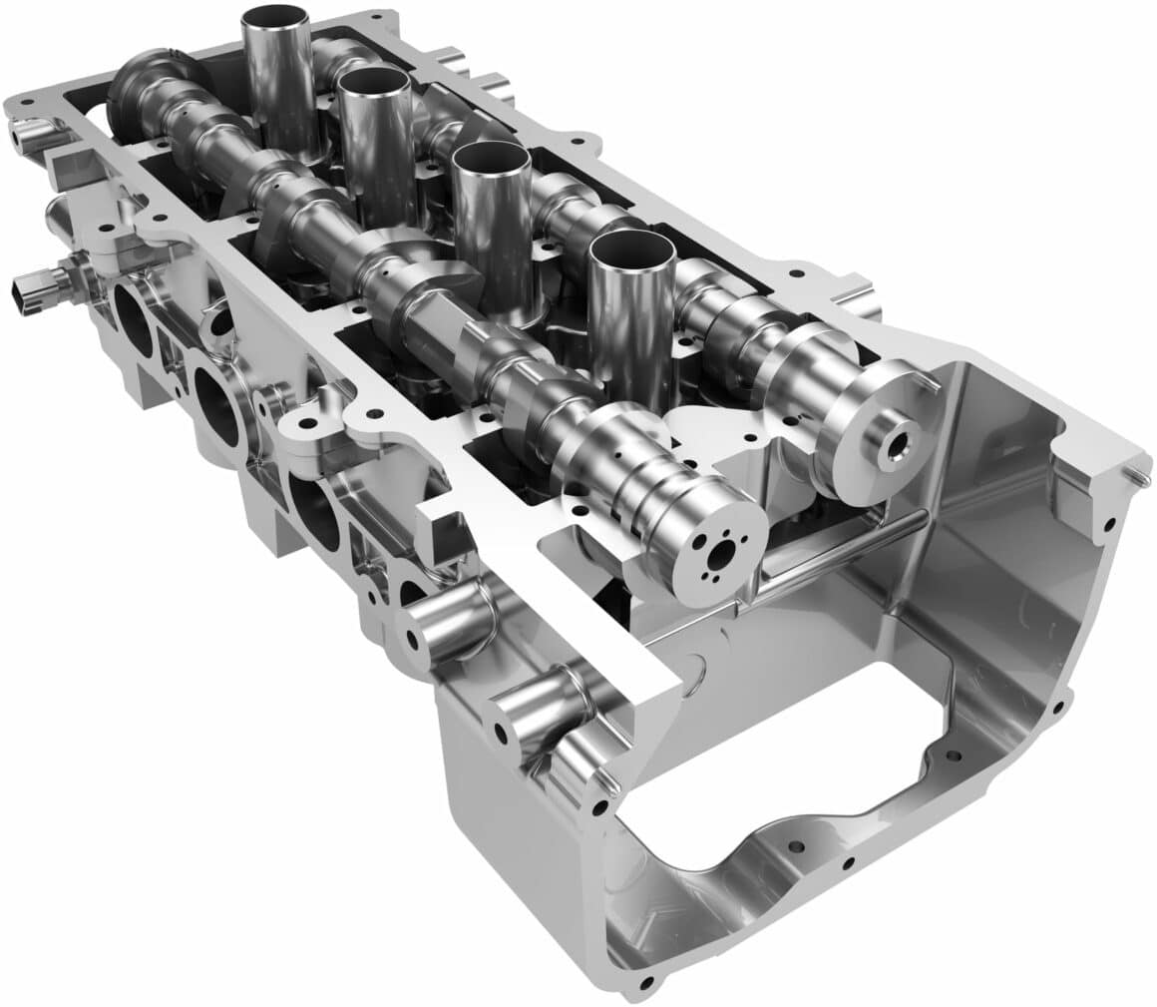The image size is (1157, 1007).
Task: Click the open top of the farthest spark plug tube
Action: point(275,18)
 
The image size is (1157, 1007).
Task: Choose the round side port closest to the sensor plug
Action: point(133,318)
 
